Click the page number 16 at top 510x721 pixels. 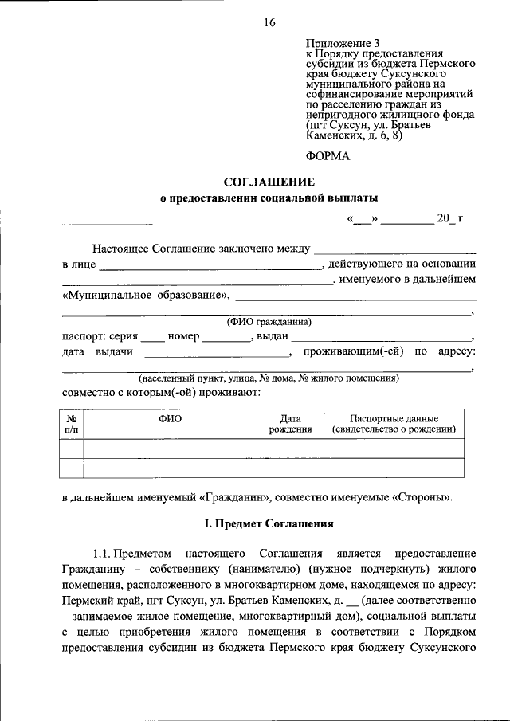269,23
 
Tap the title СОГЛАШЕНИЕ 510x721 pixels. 269,182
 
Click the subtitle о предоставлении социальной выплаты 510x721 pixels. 269,198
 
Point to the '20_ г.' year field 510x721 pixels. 450,219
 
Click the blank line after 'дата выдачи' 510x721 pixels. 218,352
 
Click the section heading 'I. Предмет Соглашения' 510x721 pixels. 269,523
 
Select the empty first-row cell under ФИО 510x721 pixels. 170,449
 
